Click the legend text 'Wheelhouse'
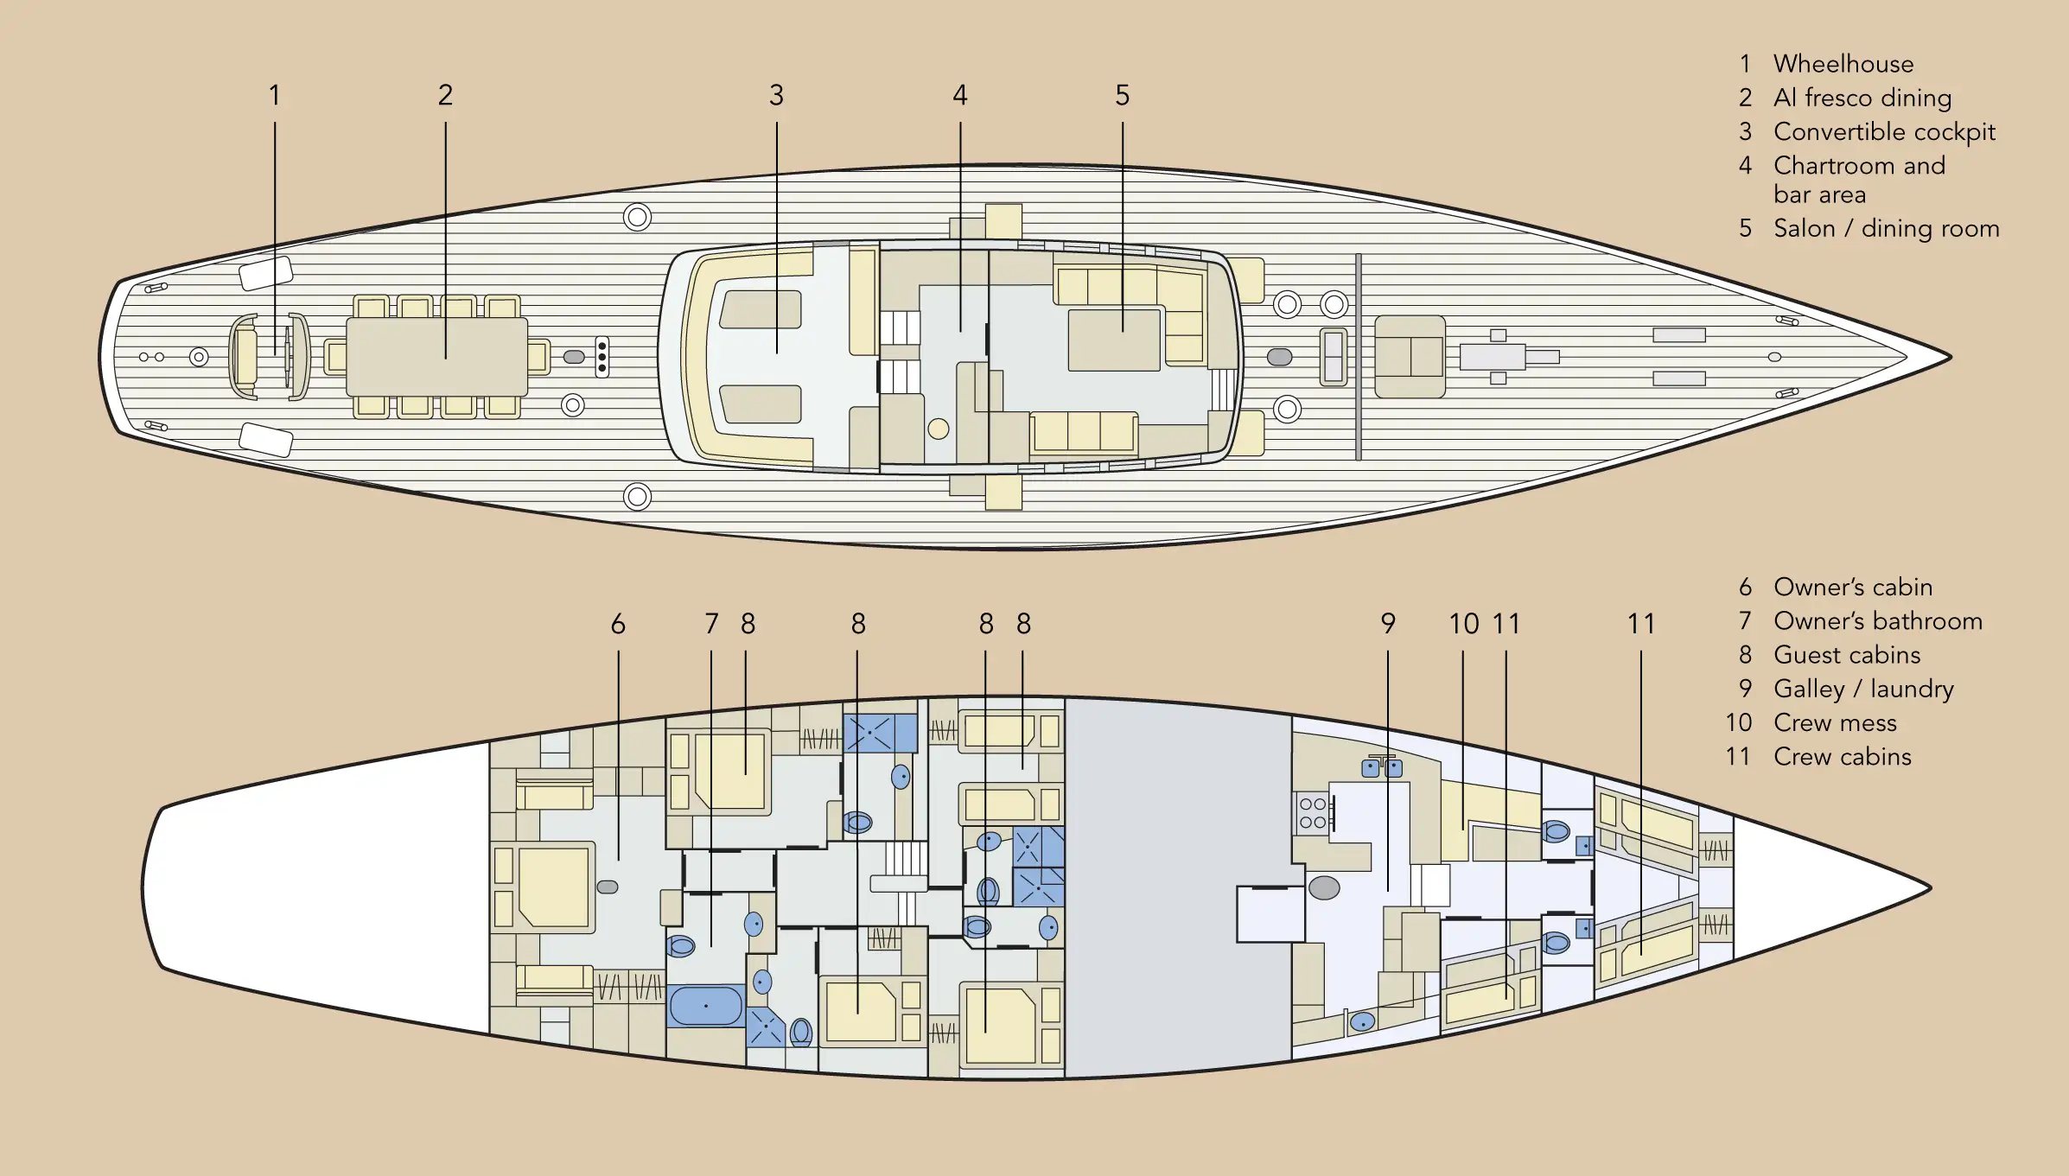click(1843, 64)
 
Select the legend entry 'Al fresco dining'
click(1862, 98)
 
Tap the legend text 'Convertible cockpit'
click(1884, 132)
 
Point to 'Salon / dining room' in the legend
click(1887, 228)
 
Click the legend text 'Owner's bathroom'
click(1878, 620)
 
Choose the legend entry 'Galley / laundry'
click(1863, 689)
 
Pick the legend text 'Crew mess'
click(1835, 722)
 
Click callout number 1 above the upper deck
click(275, 95)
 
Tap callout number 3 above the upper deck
click(776, 95)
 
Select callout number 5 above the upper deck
click(1122, 95)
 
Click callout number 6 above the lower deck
click(618, 624)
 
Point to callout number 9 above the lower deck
click(1388, 624)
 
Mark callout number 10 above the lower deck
click(1463, 624)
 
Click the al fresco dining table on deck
click(437, 357)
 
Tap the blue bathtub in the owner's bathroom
click(706, 1006)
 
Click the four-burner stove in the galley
click(1313, 813)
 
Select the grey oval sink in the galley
click(1324, 887)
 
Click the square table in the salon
click(1114, 340)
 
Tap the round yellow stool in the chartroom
click(939, 429)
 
